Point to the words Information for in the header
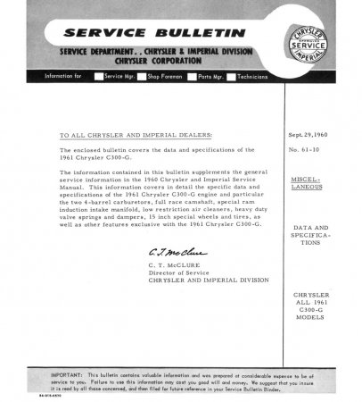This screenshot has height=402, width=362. point(62,77)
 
